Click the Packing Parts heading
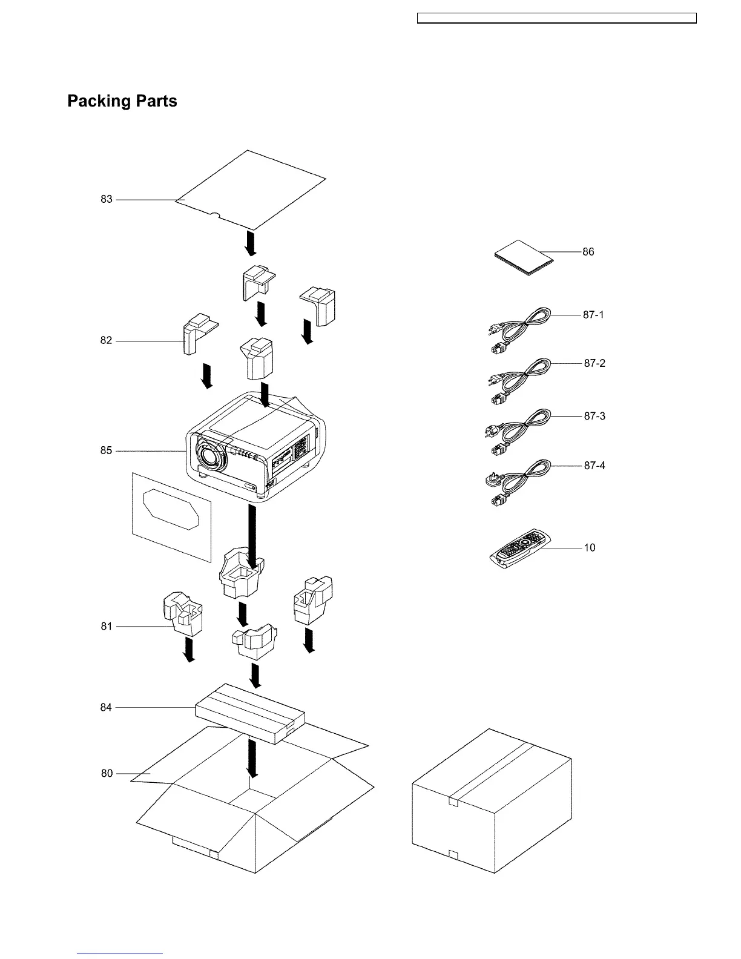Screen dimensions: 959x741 [122, 101]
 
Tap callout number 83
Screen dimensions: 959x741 [107, 199]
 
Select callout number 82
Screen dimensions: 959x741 [107, 341]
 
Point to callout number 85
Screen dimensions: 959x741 [107, 450]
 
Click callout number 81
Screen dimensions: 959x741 [107, 627]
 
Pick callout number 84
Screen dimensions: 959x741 [107, 707]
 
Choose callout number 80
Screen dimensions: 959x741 [107, 773]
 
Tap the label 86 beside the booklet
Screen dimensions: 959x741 [588, 252]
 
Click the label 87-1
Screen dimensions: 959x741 [593, 315]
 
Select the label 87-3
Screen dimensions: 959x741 [594, 417]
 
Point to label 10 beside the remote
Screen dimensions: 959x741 [589, 548]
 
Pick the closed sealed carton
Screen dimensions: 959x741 [492, 802]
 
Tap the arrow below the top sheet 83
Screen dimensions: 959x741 [251, 243]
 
